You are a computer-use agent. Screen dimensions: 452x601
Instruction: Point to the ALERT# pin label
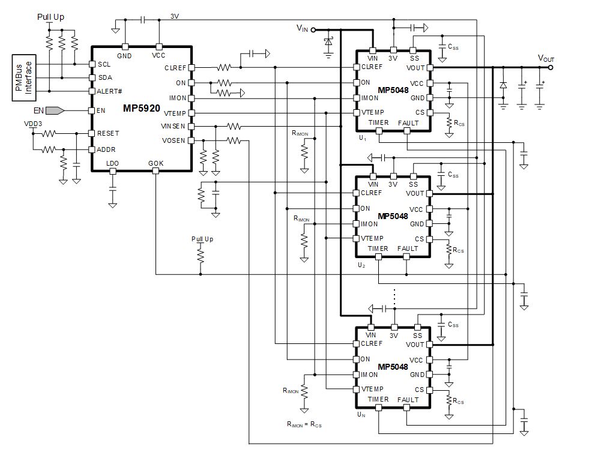click(x=110, y=91)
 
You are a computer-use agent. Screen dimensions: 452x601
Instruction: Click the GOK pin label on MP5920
click(x=156, y=163)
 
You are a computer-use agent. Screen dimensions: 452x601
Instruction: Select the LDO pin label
click(x=112, y=163)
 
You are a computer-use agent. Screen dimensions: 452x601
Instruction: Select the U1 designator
click(x=361, y=137)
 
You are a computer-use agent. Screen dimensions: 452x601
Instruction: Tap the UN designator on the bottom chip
click(x=361, y=414)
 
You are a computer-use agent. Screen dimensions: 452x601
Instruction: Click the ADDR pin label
click(x=106, y=149)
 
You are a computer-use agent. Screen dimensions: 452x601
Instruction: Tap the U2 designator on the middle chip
click(x=361, y=265)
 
